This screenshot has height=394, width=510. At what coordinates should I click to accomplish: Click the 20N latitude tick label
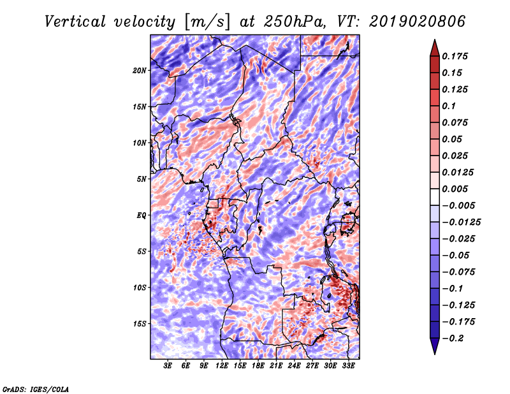[140, 70]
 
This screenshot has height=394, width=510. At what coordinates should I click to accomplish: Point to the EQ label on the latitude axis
[142, 215]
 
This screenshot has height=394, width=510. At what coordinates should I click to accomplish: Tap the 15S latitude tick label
[140, 324]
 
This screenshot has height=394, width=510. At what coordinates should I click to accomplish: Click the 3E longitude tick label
[168, 366]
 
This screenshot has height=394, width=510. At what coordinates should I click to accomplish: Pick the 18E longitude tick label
[258, 366]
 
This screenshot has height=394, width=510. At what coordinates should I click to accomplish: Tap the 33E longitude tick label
[348, 366]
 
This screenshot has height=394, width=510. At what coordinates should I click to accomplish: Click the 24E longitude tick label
[294, 366]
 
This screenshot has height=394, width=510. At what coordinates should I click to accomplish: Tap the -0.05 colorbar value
[458, 255]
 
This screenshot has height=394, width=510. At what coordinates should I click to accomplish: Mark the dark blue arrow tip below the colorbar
[434, 348]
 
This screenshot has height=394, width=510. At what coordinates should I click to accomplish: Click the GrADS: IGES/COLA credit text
[36, 388]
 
